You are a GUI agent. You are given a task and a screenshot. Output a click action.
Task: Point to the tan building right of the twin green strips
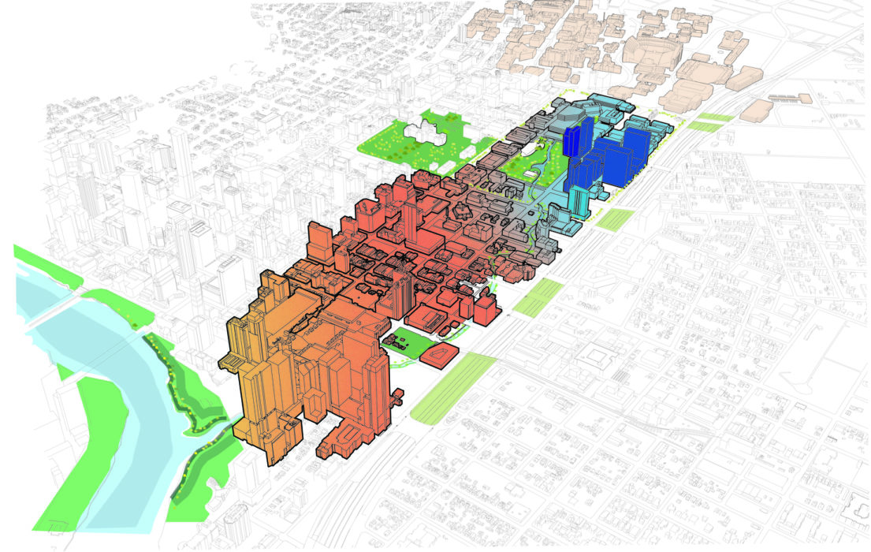(x=753, y=110)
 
